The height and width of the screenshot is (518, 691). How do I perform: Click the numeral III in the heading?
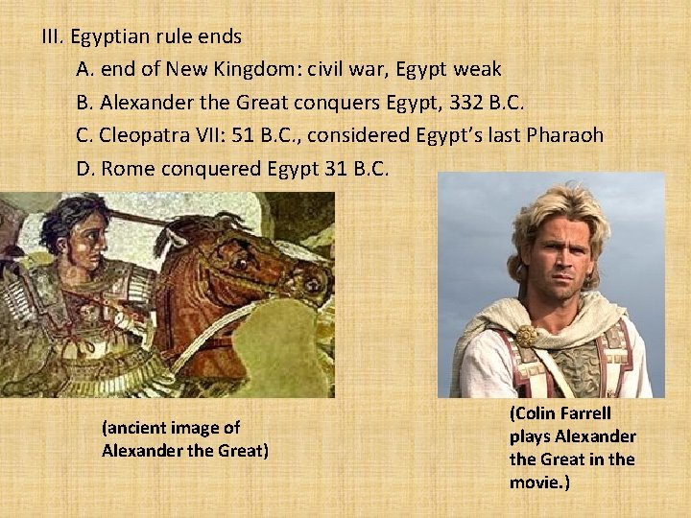(51, 37)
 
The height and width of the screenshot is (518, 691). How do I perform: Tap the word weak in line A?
(478, 69)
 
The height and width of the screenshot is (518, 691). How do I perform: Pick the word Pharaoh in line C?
(565, 135)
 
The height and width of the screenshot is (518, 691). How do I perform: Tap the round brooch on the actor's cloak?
(526, 337)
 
